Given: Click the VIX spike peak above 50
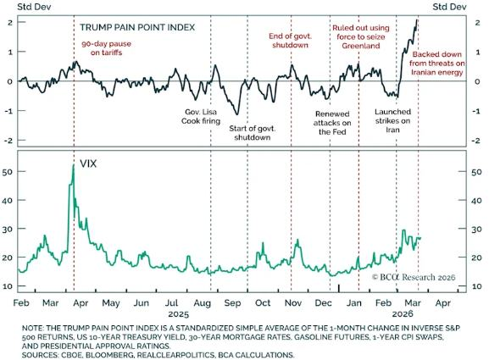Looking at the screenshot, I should pos(74,166).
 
